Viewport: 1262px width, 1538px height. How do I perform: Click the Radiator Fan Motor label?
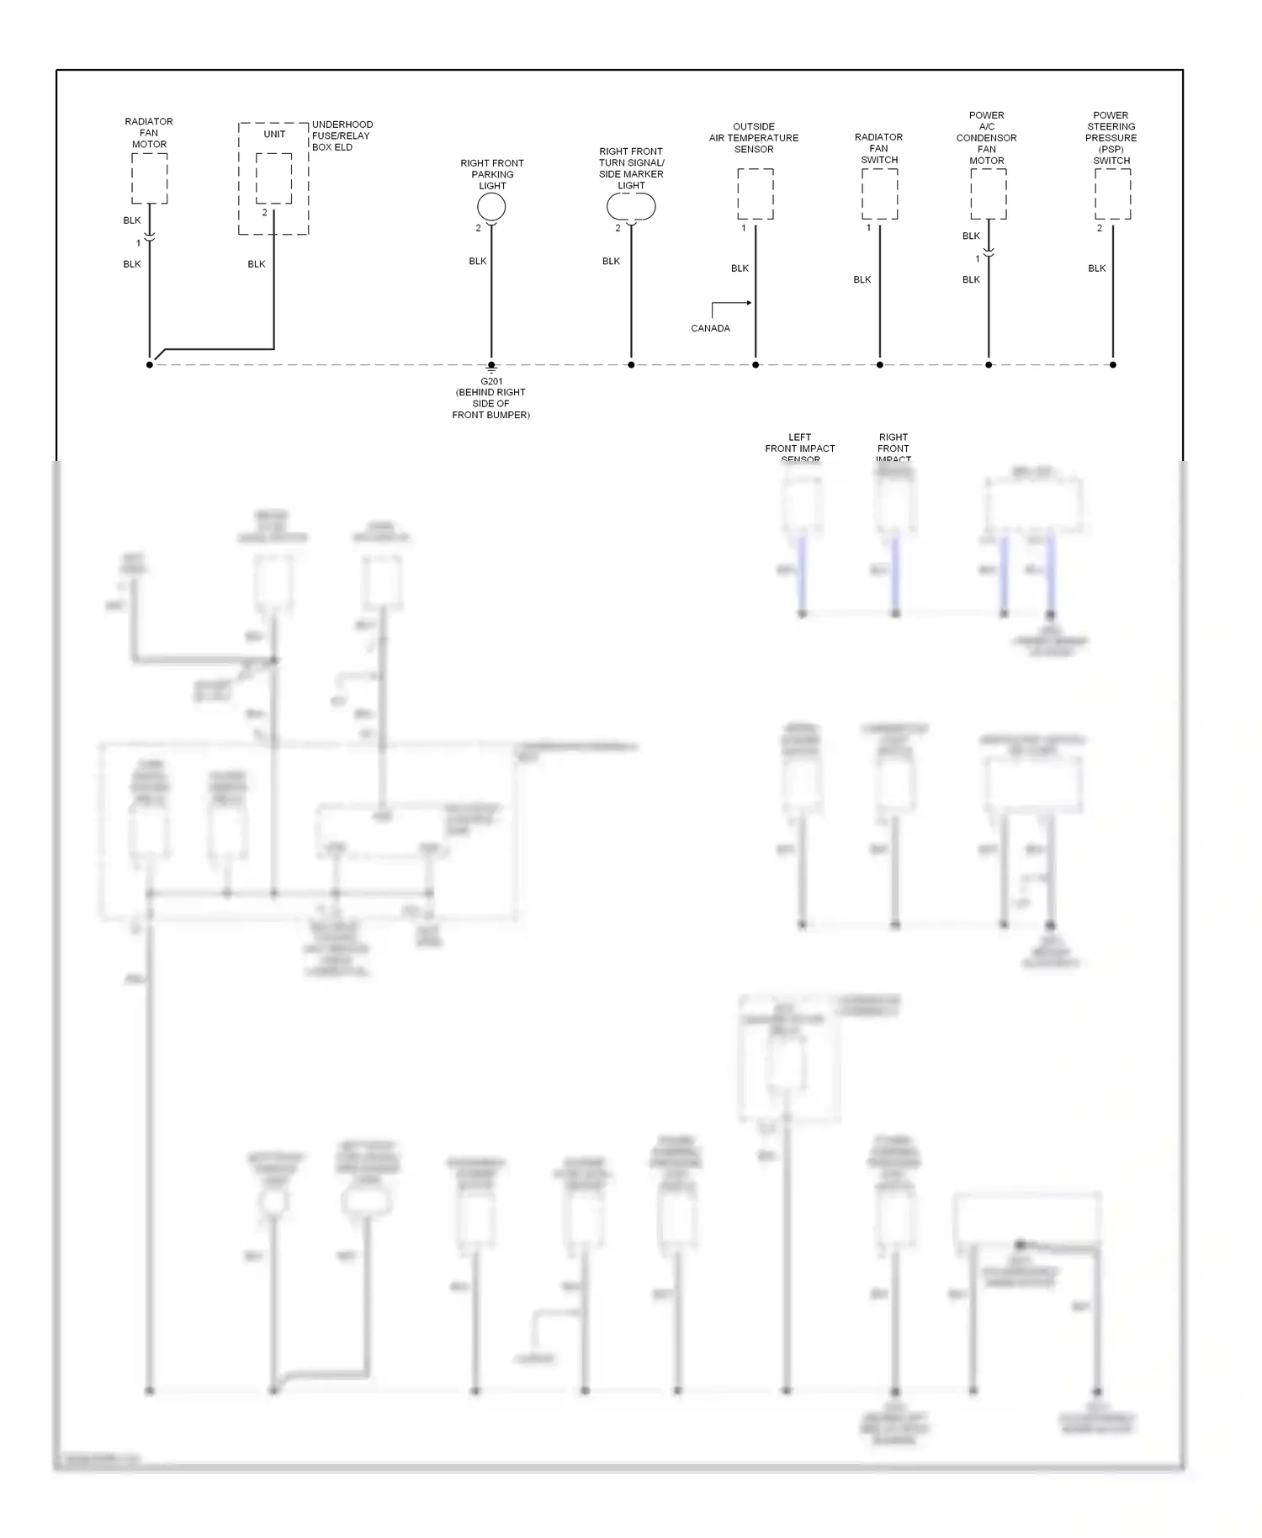point(149,133)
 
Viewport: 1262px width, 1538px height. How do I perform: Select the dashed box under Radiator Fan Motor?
point(149,178)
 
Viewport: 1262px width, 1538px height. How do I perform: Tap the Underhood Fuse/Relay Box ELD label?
point(342,135)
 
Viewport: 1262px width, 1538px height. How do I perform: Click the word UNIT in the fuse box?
point(274,134)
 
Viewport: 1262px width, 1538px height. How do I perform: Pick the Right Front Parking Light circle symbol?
point(491,207)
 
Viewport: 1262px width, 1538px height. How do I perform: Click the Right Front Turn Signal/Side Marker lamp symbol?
point(631,207)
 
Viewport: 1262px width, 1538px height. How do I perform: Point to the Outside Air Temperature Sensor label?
point(754,138)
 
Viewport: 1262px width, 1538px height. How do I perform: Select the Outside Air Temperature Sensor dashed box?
point(756,194)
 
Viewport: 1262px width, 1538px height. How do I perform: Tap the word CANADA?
point(710,328)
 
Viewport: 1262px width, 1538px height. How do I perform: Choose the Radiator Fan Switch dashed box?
point(879,194)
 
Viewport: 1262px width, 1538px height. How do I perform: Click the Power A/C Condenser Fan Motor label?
point(987,138)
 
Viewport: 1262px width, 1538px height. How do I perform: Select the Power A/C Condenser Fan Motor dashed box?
point(988,194)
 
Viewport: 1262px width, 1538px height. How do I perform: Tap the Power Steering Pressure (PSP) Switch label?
point(1111,138)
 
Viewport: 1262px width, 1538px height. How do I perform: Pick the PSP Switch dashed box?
point(1112,194)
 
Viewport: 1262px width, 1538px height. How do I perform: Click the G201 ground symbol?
point(491,368)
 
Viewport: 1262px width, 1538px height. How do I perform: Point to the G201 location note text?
point(491,399)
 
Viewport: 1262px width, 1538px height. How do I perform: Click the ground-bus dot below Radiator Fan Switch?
point(880,365)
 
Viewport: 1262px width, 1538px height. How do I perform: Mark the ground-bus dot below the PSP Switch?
point(1113,365)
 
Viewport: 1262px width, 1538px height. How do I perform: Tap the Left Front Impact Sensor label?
point(800,448)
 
